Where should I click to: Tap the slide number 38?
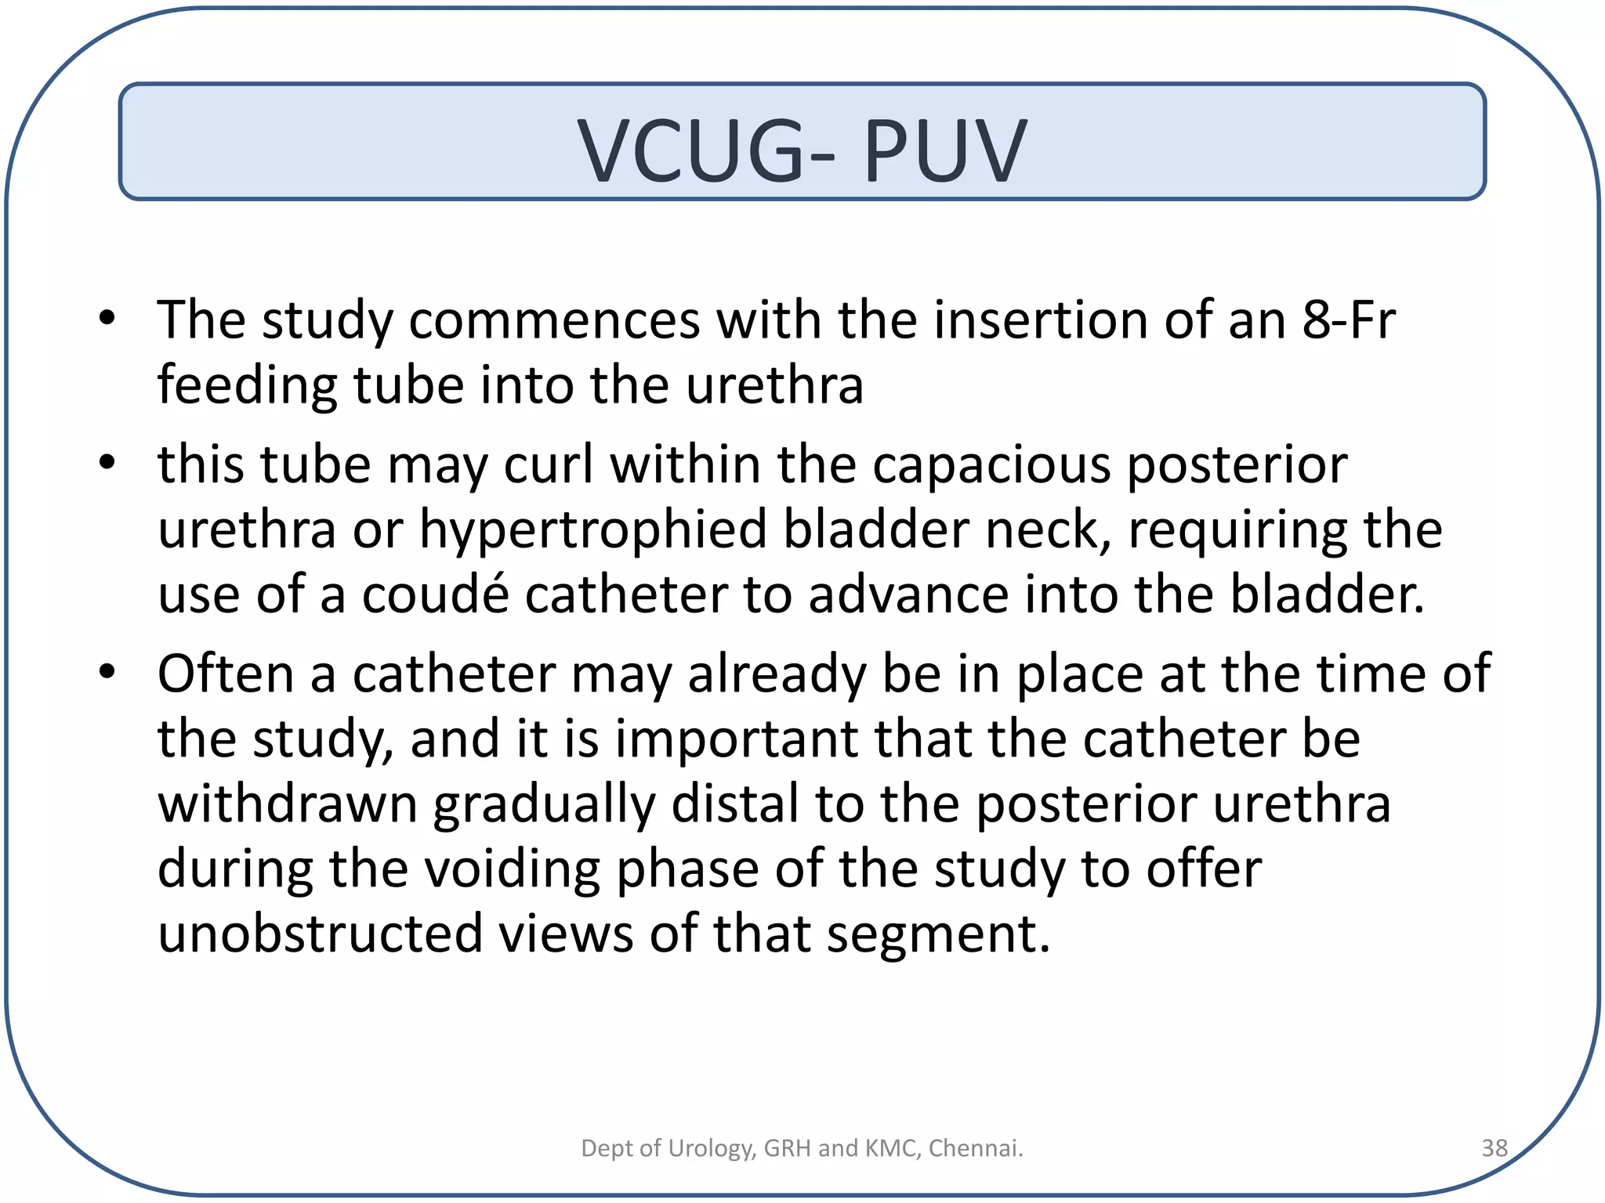pos(1494,1147)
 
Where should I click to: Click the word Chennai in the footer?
pos(975,1147)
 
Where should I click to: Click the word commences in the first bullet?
pos(553,321)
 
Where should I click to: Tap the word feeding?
pos(247,385)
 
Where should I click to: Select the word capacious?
pos(991,464)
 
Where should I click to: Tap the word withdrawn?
pos(287,804)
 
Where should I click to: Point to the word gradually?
pos(544,806)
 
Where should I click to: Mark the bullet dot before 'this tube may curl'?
pos(107,462)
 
